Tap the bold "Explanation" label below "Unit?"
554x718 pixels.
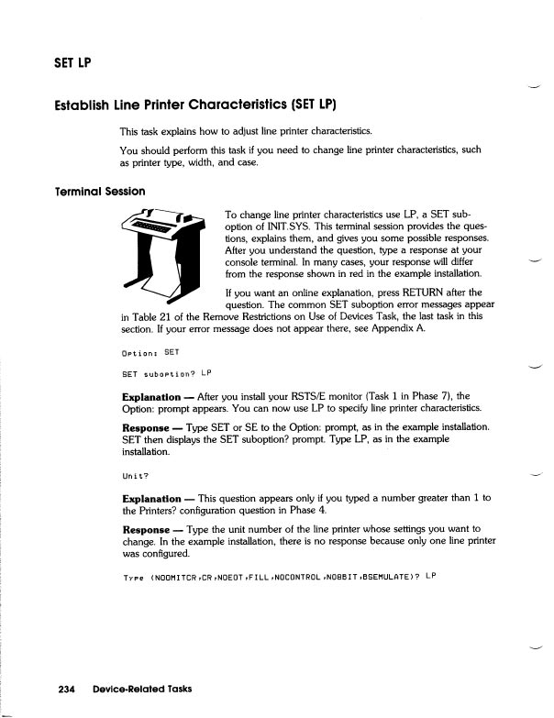point(154,497)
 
